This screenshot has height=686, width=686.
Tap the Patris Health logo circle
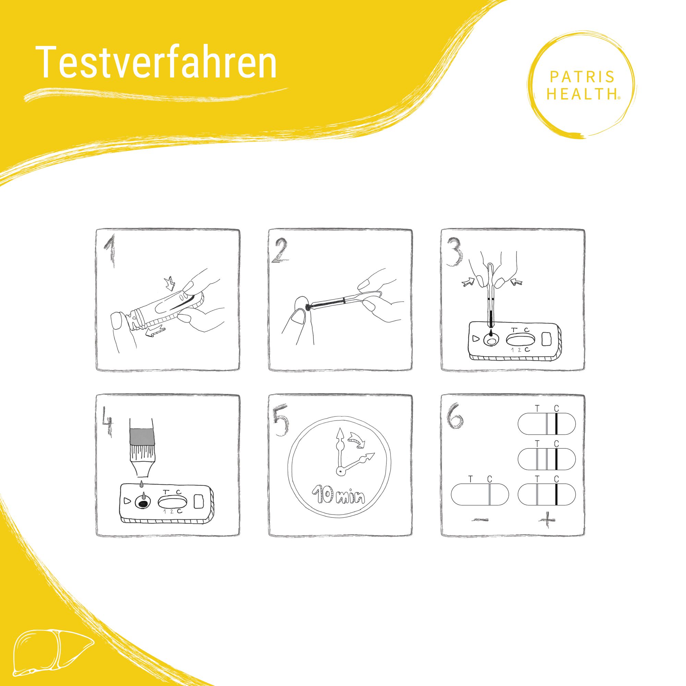point(583,85)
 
